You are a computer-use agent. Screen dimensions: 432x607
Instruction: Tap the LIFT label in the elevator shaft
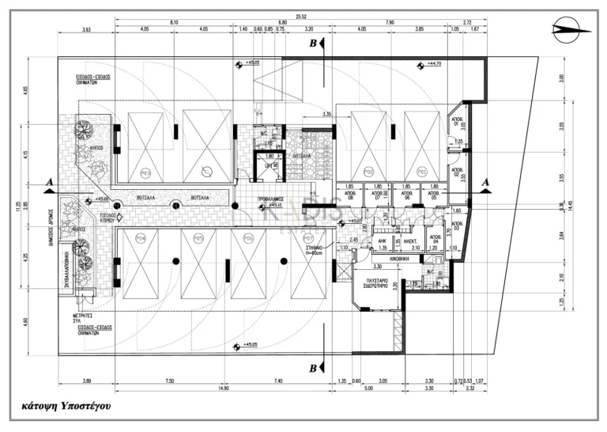pos(271,166)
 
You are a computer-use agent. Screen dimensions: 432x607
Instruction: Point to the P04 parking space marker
pos(141,239)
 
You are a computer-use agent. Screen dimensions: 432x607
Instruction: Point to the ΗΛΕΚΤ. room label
pos(411,242)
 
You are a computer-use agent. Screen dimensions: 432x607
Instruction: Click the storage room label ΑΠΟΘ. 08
pos(351,195)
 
